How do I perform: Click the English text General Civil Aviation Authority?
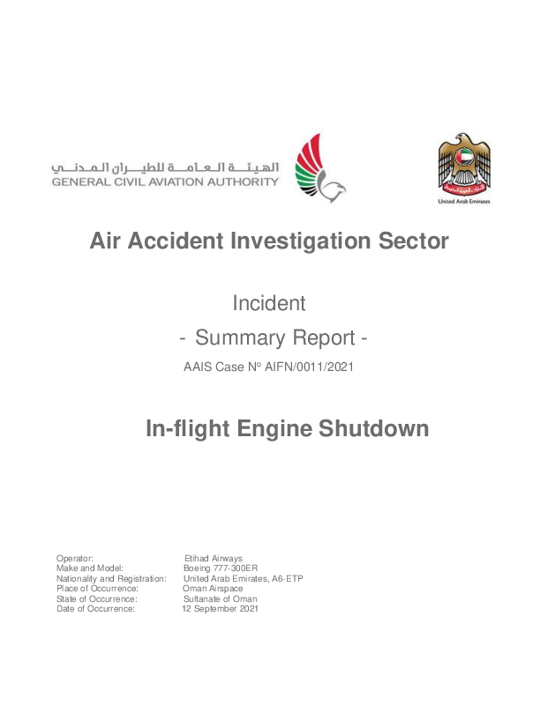click(164, 182)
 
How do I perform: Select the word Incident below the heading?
click(269, 304)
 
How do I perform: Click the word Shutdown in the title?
click(374, 429)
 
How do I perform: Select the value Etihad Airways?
click(213, 559)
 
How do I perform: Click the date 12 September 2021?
click(220, 608)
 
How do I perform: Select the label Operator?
click(75, 559)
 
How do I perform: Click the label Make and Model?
click(90, 568)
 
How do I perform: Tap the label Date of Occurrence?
click(95, 608)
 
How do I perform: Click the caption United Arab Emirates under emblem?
click(465, 201)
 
